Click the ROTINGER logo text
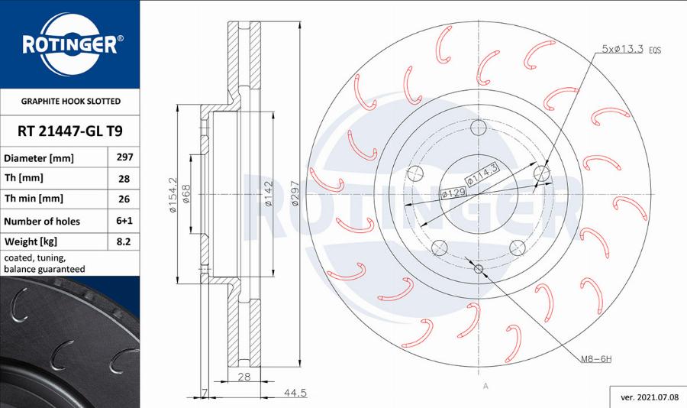click(x=69, y=45)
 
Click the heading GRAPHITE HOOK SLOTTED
click(x=70, y=101)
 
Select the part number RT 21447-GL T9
click(x=70, y=131)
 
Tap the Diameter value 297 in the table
click(x=124, y=157)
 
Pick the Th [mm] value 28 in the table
click(x=124, y=179)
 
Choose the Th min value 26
click(x=124, y=199)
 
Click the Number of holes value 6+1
click(x=124, y=221)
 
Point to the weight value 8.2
click(x=124, y=241)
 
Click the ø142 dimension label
click(x=269, y=195)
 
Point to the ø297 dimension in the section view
click(x=295, y=194)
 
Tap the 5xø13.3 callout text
click(x=623, y=49)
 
